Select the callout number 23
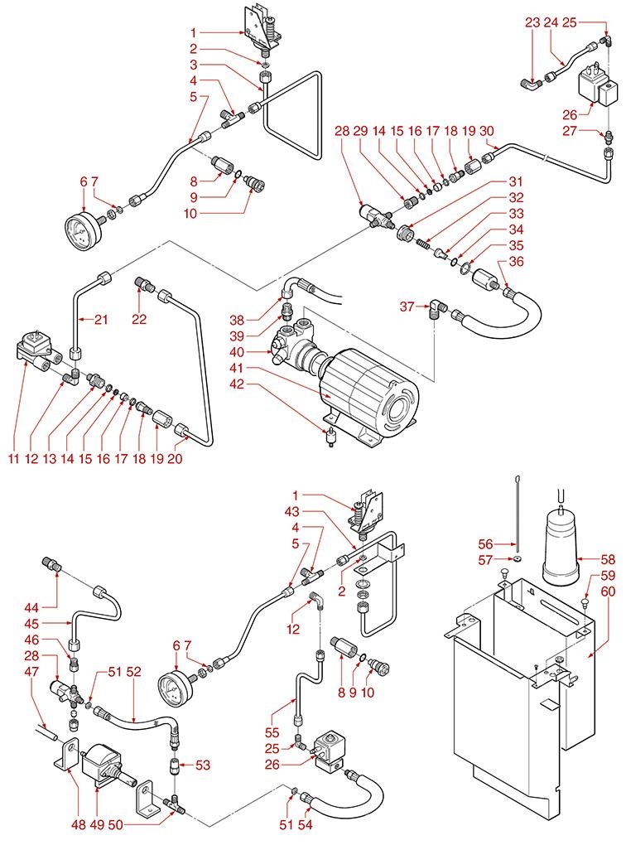[532, 22]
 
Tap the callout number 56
[486, 543]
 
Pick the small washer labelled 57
[518, 560]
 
